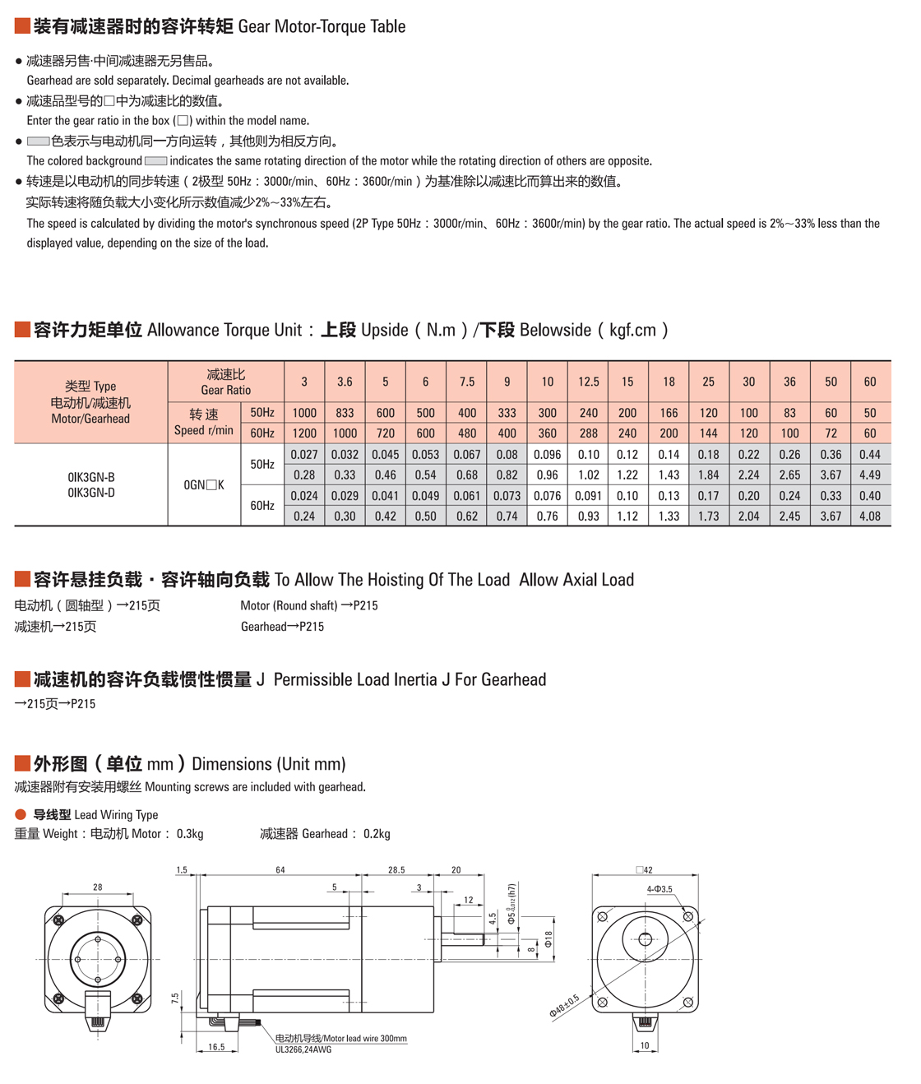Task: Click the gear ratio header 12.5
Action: pos(588,382)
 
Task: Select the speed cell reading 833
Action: pos(345,413)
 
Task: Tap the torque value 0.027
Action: pos(304,455)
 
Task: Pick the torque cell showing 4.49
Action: pos(869,475)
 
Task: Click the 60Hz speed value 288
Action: pos(588,433)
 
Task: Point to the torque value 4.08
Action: pos(869,517)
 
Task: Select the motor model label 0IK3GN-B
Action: pos(91,477)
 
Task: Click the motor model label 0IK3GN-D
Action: pos(91,493)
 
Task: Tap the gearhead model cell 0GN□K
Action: pos(204,485)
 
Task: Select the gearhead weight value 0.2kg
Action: pos(377,834)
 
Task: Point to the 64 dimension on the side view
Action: pos(280,869)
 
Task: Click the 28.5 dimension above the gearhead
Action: pos(396,869)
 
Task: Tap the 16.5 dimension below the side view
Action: pos(216,1047)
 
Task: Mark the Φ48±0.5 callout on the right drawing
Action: pos(564,1006)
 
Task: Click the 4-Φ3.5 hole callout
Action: pos(660,889)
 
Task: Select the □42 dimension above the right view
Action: pos(644,869)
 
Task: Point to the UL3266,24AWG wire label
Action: pos(303,1049)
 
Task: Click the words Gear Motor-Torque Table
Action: pos(322,26)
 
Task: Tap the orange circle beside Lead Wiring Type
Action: pos(21,814)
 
